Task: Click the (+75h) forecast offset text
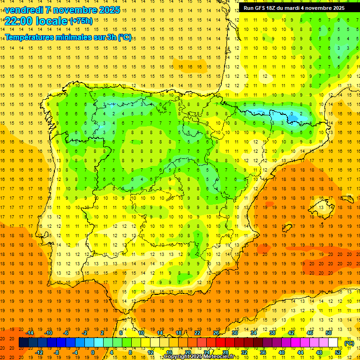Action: pos(81,21)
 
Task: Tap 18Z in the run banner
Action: pos(273,8)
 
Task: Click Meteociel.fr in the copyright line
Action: pos(218,357)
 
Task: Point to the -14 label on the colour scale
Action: pos(30,333)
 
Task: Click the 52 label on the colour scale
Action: pos(337,352)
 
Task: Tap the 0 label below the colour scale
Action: pos(93,352)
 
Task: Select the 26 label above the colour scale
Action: pos(216,333)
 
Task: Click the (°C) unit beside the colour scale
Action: pos(349,343)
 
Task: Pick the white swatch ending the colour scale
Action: pos(333,343)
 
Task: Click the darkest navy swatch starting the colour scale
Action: pos(23,343)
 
